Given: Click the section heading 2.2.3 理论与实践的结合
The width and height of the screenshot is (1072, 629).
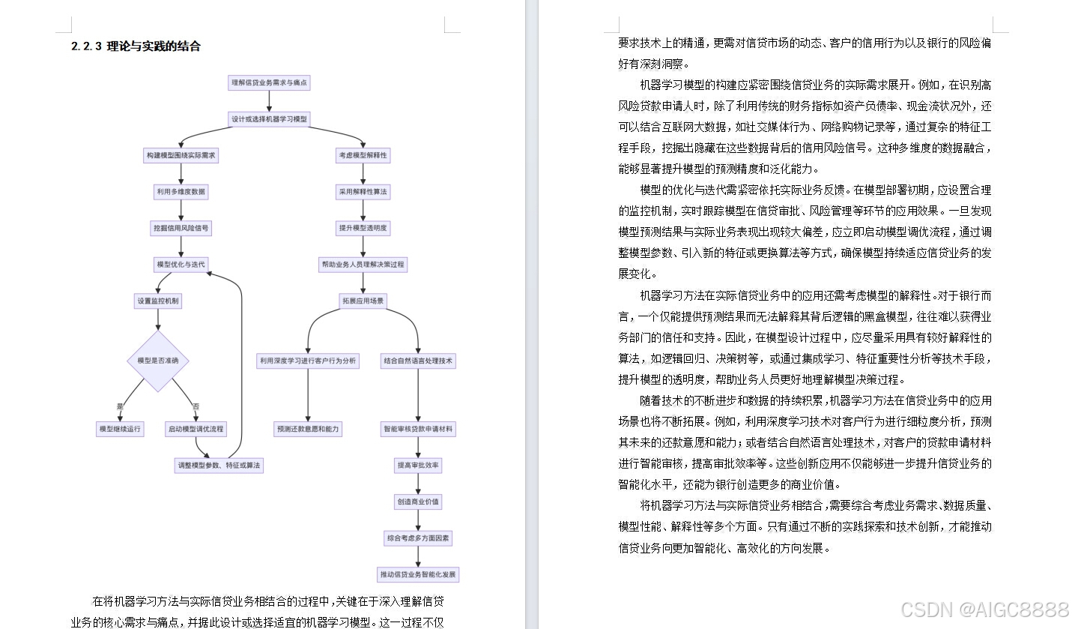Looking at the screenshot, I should pyautogui.click(x=136, y=46).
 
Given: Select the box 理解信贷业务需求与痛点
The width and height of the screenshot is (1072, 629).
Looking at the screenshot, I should pyautogui.click(x=269, y=82).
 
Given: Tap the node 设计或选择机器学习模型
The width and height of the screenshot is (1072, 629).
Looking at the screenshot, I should pyautogui.click(x=269, y=119).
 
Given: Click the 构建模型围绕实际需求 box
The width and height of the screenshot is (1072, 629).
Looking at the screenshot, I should pyautogui.click(x=181, y=155).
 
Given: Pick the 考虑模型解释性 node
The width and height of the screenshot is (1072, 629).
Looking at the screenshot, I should pyautogui.click(x=363, y=155).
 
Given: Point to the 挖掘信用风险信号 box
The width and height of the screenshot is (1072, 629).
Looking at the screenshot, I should pyautogui.click(x=181, y=228).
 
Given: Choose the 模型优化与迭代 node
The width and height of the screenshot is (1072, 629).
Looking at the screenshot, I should pyautogui.click(x=181, y=265).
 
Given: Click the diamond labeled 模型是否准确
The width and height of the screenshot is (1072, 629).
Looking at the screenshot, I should pyautogui.click(x=158, y=361).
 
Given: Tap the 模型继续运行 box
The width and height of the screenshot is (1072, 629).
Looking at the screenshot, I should pyautogui.click(x=121, y=430).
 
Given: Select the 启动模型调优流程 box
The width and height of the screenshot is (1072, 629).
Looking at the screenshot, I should pyautogui.click(x=196, y=430).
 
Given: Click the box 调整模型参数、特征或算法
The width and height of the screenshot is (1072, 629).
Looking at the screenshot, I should pyautogui.click(x=219, y=466).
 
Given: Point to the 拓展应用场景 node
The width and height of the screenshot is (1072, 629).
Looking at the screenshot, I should pyautogui.click(x=363, y=301).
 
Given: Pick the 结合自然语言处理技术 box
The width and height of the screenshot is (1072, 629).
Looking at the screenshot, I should pyautogui.click(x=418, y=361).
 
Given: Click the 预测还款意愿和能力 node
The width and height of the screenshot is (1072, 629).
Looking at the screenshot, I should pyautogui.click(x=308, y=430).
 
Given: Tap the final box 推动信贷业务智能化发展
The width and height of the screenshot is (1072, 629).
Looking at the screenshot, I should pyautogui.click(x=418, y=575).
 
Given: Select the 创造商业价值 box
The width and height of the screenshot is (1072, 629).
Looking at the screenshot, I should pyautogui.click(x=418, y=502).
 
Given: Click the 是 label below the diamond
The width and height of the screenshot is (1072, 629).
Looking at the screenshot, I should pyautogui.click(x=120, y=406).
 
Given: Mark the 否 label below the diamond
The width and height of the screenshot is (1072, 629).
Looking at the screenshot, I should pyautogui.click(x=196, y=406).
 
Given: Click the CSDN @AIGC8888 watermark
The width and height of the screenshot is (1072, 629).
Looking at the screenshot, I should pyautogui.click(x=984, y=609).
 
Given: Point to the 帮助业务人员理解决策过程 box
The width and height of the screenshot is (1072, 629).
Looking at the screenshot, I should pyautogui.click(x=363, y=265).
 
